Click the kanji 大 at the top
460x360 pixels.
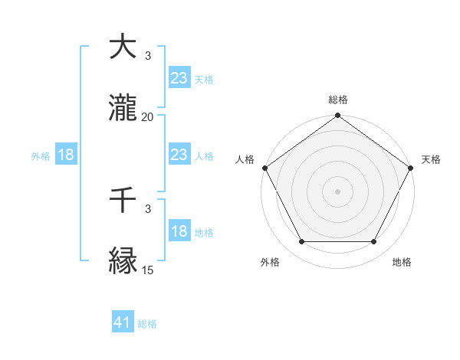[123, 48]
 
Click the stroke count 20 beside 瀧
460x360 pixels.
[147, 117]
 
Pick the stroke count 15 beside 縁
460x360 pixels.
[147, 270]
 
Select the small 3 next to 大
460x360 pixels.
[147, 56]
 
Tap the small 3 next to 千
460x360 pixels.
[147, 208]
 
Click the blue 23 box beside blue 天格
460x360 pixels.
[179, 77]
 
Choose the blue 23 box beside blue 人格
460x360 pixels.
[179, 155]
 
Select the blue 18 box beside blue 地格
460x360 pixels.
[179, 232]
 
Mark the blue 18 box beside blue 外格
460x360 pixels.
[66, 155]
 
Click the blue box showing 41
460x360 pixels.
[123, 322]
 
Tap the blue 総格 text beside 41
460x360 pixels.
[147, 324]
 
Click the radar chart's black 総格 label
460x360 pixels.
[337, 100]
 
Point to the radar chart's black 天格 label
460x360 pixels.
[431, 159]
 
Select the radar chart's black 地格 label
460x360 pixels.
[402, 262]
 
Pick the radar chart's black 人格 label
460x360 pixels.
[245, 159]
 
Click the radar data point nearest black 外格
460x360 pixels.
[301, 242]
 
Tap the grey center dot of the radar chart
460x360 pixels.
[337, 191]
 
